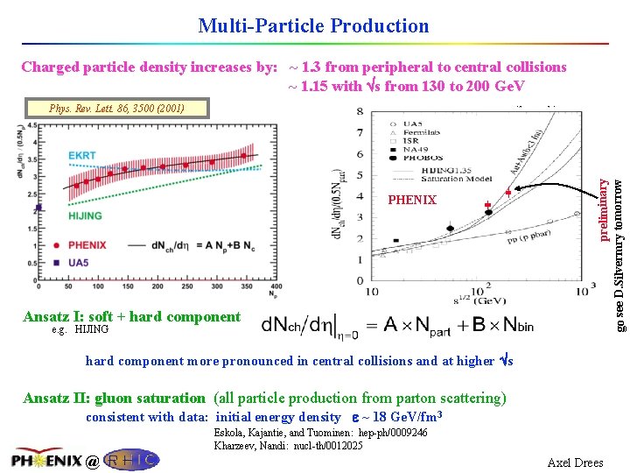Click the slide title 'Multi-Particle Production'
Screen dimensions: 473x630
(x=313, y=25)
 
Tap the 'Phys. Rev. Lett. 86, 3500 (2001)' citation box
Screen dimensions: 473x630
(x=116, y=109)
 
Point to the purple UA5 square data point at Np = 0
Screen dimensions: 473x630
(x=38, y=208)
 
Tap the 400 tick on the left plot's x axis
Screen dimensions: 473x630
(x=276, y=286)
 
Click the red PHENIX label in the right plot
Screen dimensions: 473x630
(x=412, y=201)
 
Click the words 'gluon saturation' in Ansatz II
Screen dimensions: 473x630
(x=150, y=399)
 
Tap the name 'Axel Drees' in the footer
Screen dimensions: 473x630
(x=575, y=462)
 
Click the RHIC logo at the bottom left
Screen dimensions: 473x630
(x=132, y=459)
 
